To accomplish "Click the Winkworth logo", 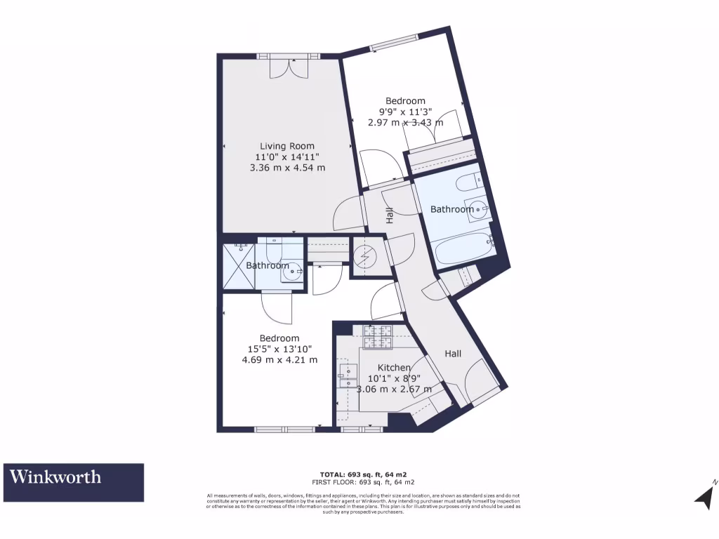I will point(73,482).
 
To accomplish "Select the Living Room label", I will point(287,146).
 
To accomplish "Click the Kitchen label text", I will point(394,368).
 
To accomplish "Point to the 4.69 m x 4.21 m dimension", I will point(279,360).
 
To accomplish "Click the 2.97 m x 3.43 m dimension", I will point(405,122).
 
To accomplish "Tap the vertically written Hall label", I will point(388,215).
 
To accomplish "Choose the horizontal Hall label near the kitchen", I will point(453,354).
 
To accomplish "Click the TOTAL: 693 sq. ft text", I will point(362,474).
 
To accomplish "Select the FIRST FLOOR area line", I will point(362,482).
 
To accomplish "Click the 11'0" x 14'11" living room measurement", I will point(287,157).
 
